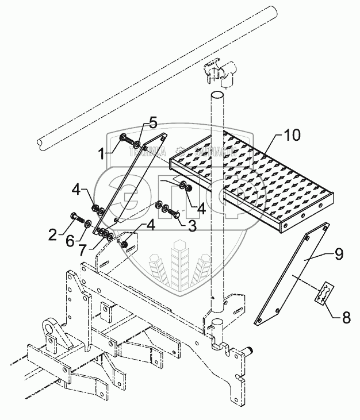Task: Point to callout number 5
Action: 152,122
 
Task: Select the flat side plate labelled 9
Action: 290,273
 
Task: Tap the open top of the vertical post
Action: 217,94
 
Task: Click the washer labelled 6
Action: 88,223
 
